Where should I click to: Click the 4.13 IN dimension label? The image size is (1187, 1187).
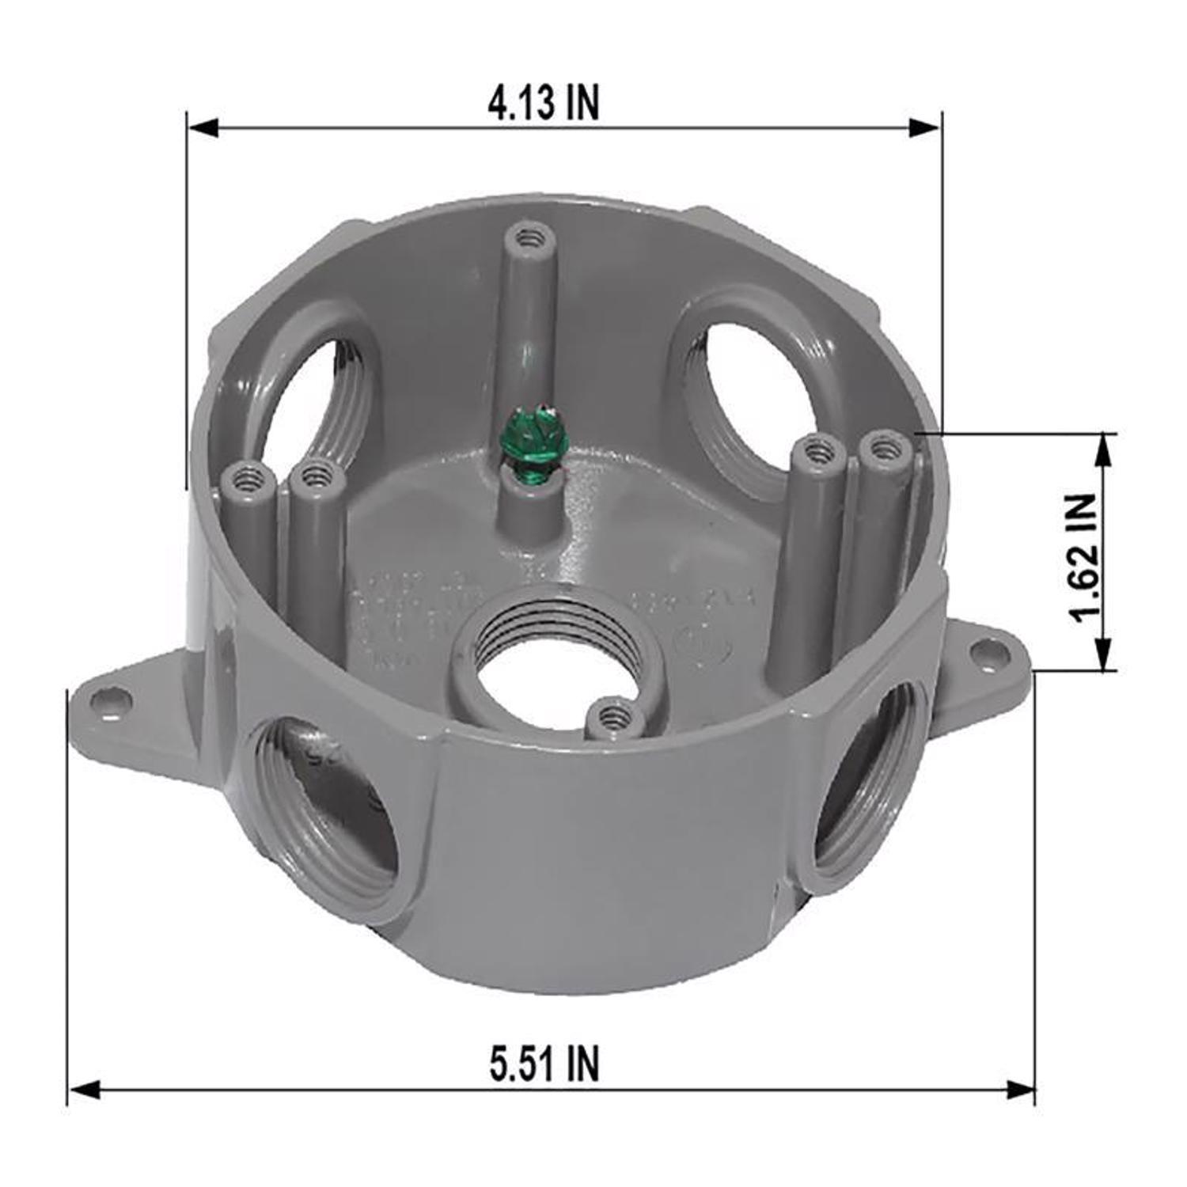coord(544,103)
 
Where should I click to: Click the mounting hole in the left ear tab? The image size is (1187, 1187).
coord(104,699)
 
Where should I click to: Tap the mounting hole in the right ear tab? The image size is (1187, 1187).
coord(984,652)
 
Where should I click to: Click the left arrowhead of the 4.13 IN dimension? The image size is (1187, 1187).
coord(202,127)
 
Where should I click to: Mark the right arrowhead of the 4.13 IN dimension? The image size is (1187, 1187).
coord(925,127)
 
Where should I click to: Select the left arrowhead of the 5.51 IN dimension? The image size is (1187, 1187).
coord(84,1090)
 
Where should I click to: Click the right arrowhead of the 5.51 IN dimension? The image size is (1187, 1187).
coord(1020,1090)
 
